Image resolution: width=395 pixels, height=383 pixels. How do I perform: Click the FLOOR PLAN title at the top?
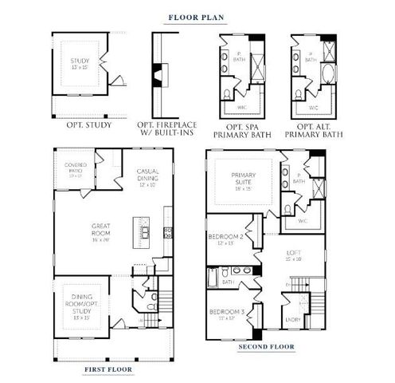click(x=196, y=15)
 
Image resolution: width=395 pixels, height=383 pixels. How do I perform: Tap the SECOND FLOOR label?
click(x=266, y=348)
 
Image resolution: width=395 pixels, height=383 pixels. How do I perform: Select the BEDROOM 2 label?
click(x=225, y=239)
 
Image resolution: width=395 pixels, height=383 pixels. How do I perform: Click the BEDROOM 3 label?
click(x=225, y=314)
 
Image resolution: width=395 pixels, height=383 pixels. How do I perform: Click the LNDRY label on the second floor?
click(x=292, y=321)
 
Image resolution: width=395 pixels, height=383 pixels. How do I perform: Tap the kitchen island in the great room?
click(x=147, y=231)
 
